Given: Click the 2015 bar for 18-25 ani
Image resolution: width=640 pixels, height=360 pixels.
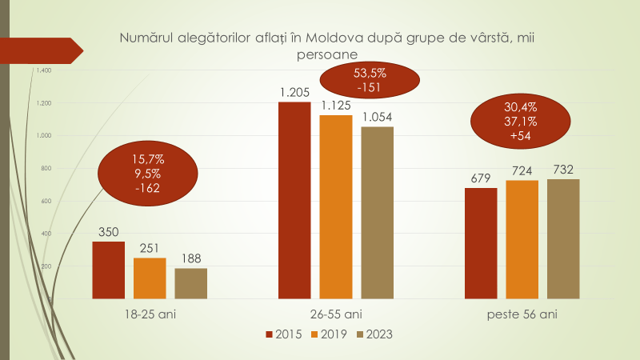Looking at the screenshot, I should pyautogui.click(x=108, y=270).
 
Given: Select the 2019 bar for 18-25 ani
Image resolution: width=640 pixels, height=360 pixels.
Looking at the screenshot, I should pyautogui.click(x=150, y=278).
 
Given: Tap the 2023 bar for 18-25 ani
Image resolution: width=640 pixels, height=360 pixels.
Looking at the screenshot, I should pyautogui.click(x=190, y=283).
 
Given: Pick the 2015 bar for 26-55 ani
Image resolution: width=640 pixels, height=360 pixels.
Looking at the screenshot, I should pyautogui.click(x=294, y=200).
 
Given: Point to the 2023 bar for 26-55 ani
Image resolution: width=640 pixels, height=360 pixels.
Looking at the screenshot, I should pyautogui.click(x=377, y=212).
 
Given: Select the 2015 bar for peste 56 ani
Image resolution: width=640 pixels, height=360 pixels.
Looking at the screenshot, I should pyautogui.click(x=481, y=243).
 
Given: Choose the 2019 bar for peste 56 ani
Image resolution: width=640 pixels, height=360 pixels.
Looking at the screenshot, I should pyautogui.click(x=522, y=239).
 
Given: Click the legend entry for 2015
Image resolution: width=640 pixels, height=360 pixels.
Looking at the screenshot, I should pyautogui.click(x=284, y=334).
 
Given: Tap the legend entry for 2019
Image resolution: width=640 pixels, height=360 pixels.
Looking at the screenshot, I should pyautogui.click(x=329, y=334).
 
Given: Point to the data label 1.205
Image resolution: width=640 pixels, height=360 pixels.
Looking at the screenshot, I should pyautogui.click(x=294, y=92).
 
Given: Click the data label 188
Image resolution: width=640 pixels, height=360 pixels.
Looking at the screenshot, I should pyautogui.click(x=190, y=258).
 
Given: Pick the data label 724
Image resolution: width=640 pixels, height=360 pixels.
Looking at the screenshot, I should pyautogui.click(x=522, y=170).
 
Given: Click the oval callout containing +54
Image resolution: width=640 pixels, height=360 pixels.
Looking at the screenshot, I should pyautogui.click(x=520, y=122).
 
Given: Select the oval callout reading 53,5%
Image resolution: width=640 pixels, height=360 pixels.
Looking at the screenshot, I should pyautogui.click(x=370, y=80).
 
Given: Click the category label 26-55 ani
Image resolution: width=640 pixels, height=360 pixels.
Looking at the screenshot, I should pyautogui.click(x=336, y=314).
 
